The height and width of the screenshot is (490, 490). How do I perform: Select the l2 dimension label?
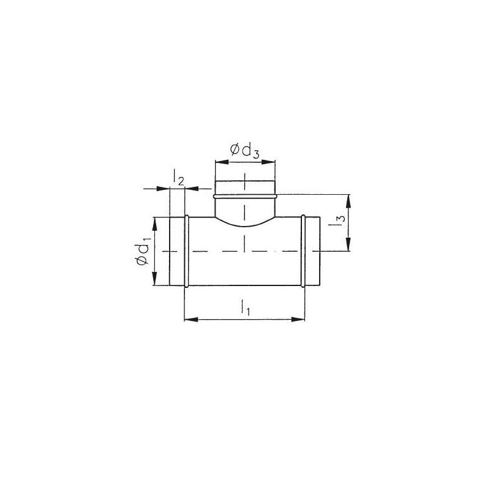178,177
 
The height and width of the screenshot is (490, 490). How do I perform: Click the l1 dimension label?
246,307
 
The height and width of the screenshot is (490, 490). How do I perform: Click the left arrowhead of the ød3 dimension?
222,162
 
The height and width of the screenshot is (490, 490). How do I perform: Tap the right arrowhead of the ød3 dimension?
268,162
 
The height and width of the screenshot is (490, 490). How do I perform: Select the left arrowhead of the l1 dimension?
191,319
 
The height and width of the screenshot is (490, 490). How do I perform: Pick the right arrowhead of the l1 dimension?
298,319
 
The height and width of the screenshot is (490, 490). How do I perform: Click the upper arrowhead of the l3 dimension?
349,202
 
